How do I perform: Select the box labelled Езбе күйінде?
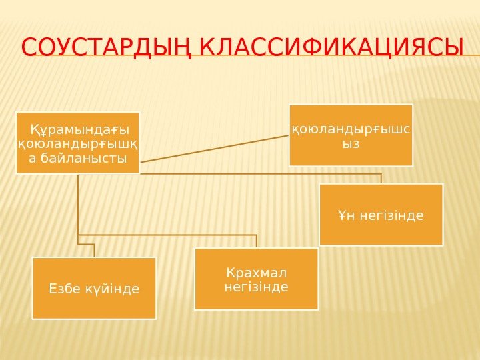point(94,288)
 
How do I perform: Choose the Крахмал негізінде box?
point(257,279)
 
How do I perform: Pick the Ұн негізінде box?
point(381,215)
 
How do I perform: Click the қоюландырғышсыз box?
point(351,135)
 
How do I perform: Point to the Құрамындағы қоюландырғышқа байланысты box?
point(78,143)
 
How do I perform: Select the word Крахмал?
point(257,273)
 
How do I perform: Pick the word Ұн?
point(345,215)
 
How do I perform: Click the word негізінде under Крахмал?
point(257,287)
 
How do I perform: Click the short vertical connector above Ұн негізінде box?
point(381,178)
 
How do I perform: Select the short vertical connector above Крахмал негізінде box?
point(257,241)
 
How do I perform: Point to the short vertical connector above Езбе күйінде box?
point(94,249)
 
